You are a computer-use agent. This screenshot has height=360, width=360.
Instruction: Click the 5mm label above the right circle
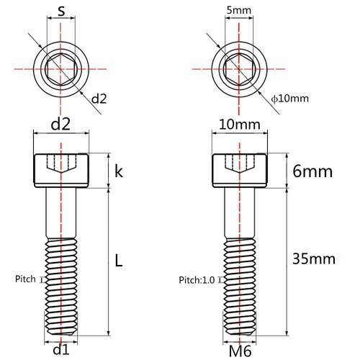(x=238, y=12)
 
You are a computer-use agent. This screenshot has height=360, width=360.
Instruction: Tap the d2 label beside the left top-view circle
(x=99, y=98)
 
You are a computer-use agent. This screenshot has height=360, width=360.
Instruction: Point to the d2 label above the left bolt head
(x=61, y=125)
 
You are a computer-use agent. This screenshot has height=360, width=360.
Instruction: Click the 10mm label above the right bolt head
(x=238, y=125)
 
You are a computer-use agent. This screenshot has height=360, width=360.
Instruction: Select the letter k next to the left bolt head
(x=119, y=171)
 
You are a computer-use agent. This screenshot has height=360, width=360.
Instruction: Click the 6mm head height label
(x=310, y=171)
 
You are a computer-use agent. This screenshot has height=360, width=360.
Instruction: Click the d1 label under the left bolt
(x=61, y=350)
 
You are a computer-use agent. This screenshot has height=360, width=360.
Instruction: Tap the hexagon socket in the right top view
(x=238, y=70)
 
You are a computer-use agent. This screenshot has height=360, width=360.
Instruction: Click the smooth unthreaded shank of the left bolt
(x=61, y=212)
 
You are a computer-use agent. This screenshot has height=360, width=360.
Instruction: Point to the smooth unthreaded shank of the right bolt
(x=238, y=212)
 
